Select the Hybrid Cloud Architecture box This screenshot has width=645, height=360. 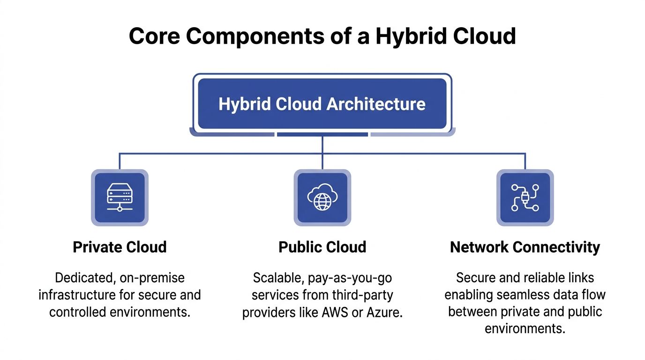point(322,104)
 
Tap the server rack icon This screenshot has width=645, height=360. point(120,197)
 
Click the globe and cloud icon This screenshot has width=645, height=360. point(322,197)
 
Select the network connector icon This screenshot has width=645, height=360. point(525,197)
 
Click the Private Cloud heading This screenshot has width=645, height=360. point(120,247)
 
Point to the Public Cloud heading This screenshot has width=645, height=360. point(322,247)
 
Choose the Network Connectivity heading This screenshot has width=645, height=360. point(525,247)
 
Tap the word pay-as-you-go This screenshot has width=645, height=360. point(350,278)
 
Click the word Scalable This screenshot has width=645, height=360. point(278,278)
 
